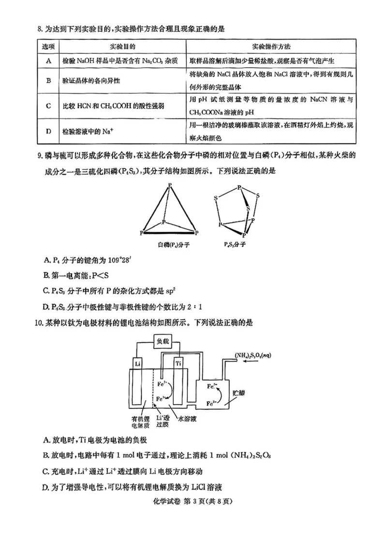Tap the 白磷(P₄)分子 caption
tap(167, 245)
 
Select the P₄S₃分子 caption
tap(236, 245)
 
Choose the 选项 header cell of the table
tap(48, 46)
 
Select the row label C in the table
tap(48, 106)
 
